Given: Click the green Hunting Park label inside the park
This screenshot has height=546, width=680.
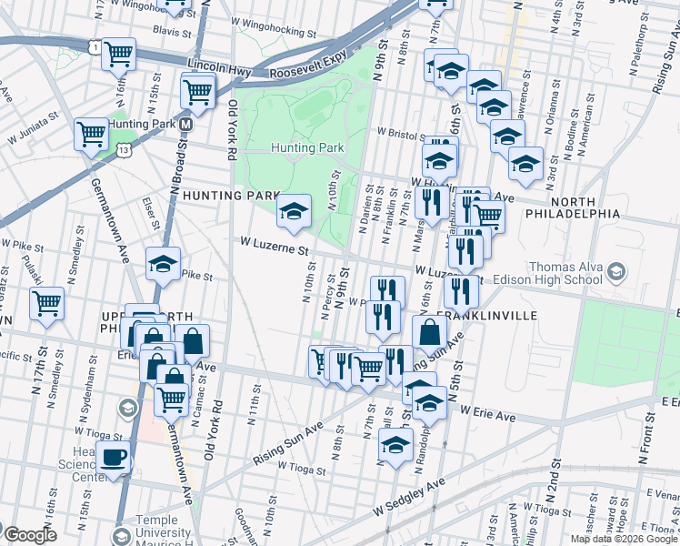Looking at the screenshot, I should click(308, 147).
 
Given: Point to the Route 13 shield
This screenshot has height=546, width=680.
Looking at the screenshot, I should click(124, 147).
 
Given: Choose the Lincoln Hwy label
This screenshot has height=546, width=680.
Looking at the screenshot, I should click(218, 66).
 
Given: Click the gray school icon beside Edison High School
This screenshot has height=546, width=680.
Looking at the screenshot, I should click(616, 272).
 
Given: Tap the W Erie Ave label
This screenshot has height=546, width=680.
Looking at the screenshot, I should click(487, 416).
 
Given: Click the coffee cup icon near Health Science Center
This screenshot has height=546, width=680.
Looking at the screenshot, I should click(114, 458).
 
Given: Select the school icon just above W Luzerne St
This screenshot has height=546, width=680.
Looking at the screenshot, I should click(294, 213).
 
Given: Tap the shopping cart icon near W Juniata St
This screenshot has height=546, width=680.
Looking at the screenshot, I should click(91, 135).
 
